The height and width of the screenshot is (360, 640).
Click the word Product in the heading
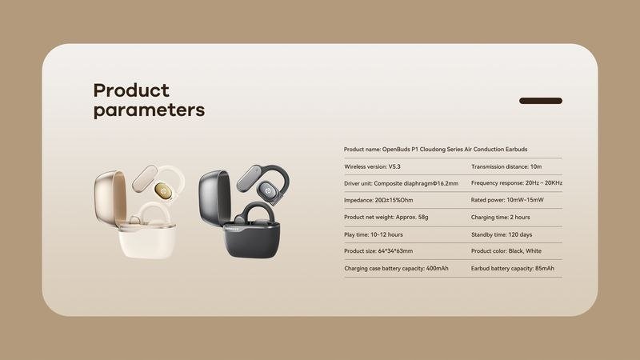coord(131,90)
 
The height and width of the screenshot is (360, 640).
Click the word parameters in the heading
coord(149,110)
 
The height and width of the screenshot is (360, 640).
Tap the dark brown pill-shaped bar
coord(541,101)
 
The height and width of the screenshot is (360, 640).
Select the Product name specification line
coord(435,150)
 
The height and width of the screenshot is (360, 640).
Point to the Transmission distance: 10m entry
coord(506,166)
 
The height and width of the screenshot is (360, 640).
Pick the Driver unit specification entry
coord(401,183)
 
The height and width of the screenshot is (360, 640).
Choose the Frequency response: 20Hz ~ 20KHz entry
coord(517,183)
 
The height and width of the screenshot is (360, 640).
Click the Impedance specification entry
coord(378,200)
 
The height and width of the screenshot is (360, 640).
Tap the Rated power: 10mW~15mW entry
coord(507,200)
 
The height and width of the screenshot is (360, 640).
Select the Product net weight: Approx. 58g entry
coord(386,217)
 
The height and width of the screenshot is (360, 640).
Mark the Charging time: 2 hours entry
coord(501,217)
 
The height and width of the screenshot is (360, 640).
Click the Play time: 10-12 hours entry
coord(373,234)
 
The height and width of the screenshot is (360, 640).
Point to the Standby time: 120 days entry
coord(502,234)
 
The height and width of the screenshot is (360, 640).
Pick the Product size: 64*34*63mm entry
coord(378,251)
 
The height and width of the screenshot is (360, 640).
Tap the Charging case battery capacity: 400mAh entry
coord(396,268)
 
